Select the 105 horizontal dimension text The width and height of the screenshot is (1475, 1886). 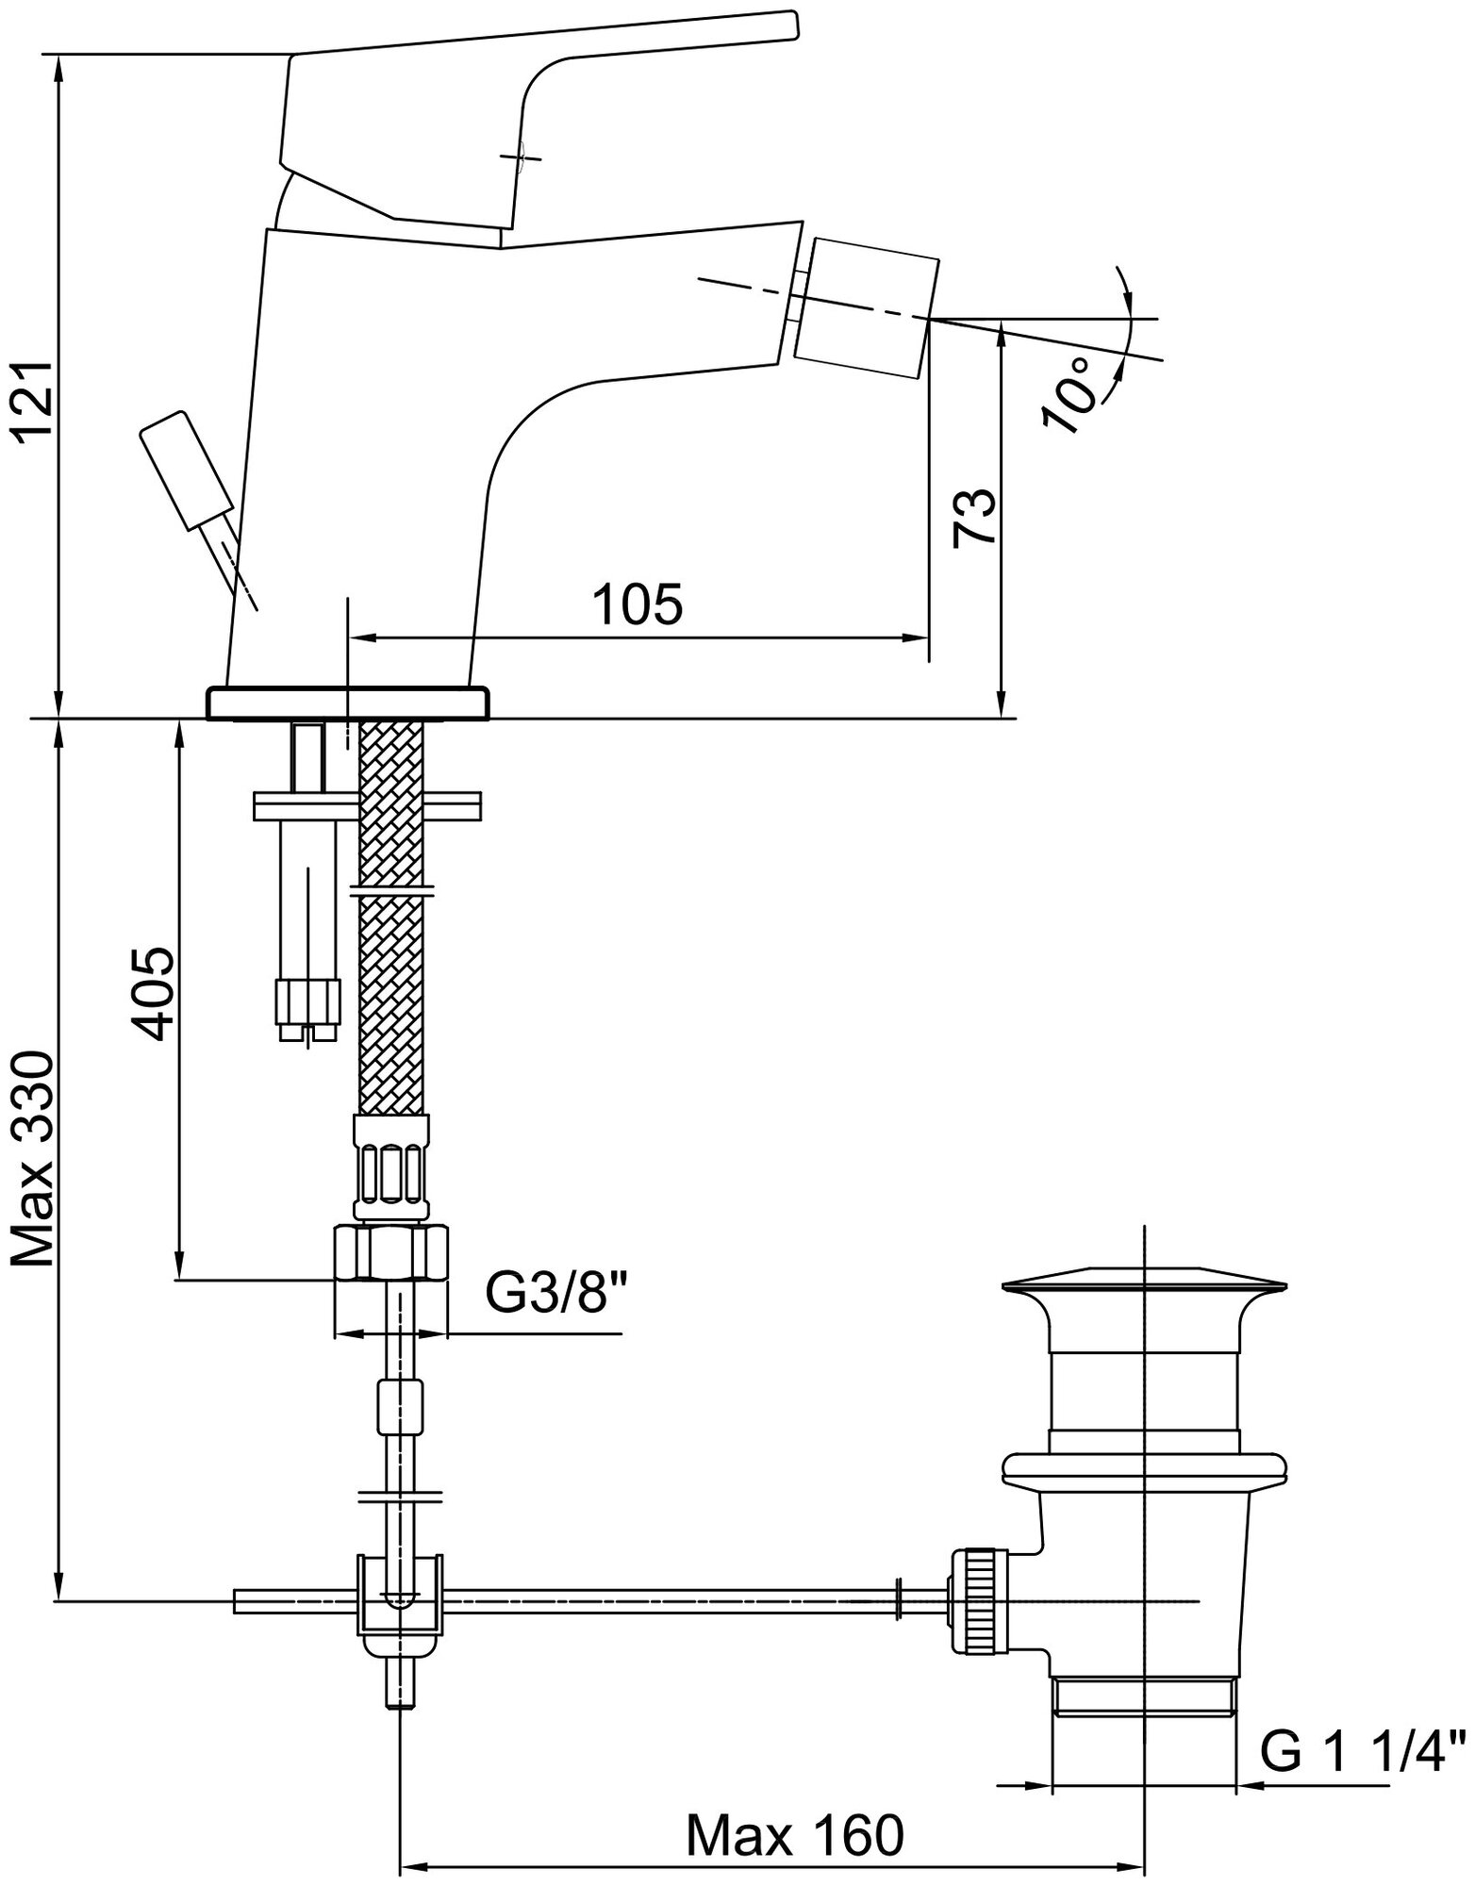(x=638, y=604)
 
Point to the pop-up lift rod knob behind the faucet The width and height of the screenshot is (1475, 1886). (x=184, y=467)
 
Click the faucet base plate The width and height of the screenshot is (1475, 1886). (x=348, y=703)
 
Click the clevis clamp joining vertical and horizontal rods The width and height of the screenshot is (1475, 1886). (x=399, y=1603)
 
